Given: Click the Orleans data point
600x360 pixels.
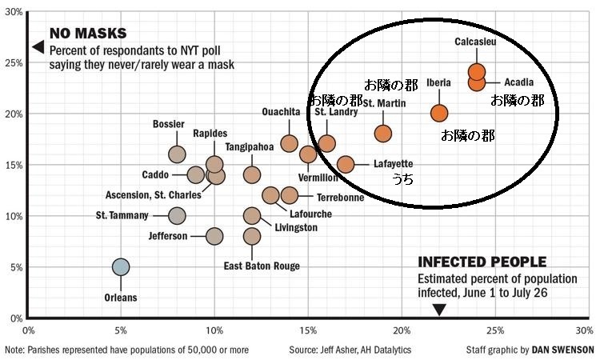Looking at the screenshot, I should tap(121, 266).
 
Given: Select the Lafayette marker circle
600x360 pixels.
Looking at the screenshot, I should tap(346, 164).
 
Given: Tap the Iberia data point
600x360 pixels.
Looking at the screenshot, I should tap(439, 113).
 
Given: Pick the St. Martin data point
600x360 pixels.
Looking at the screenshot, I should tap(383, 133).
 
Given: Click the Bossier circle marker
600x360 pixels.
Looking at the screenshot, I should tap(177, 154).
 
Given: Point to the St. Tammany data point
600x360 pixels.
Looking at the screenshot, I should tap(177, 215).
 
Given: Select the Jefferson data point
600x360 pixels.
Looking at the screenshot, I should tap(214, 236).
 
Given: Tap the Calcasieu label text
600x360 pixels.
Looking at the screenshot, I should tap(475, 42).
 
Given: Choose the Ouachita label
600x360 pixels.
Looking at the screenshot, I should tap(281, 112).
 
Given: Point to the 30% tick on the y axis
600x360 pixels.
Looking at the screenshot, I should tap(14, 11).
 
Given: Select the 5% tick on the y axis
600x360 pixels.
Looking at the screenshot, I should tap(16, 266).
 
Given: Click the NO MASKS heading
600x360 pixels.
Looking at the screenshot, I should tap(88, 34).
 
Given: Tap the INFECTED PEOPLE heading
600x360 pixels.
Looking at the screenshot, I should tap(482, 262).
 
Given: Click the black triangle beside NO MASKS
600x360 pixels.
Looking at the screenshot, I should tap(36, 47).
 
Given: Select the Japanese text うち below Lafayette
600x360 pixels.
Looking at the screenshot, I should tap(402, 181).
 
